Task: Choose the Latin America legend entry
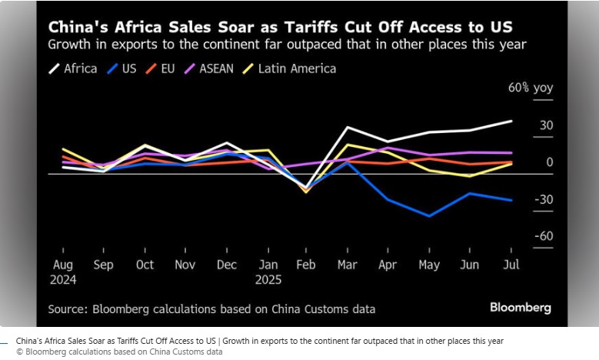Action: (x=288, y=68)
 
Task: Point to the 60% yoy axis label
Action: (x=531, y=88)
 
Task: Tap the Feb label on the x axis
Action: (x=306, y=264)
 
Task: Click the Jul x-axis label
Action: (x=512, y=264)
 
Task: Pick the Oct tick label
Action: (x=145, y=264)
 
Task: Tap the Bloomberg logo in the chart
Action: (x=521, y=308)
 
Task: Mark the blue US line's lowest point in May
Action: (x=429, y=216)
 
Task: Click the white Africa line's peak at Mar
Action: (x=348, y=127)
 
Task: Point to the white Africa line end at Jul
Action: (x=512, y=121)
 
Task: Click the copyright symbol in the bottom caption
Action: (x=19, y=352)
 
